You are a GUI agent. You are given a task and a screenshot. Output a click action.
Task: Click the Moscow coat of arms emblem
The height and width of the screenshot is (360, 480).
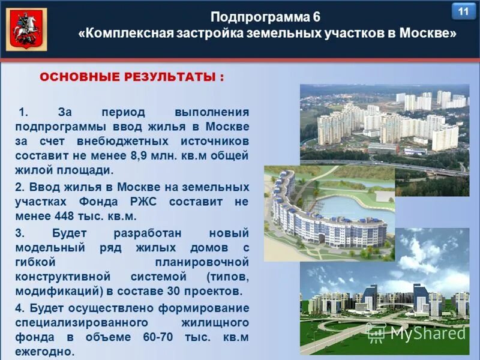coord(26,29)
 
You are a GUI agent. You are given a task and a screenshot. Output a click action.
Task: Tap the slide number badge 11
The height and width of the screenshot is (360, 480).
coord(463,11)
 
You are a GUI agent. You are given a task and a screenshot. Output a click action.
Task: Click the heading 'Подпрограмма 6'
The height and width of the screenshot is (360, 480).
coord(266,16)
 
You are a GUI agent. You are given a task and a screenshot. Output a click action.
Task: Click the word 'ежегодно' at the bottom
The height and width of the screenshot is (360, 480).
coord(44,352)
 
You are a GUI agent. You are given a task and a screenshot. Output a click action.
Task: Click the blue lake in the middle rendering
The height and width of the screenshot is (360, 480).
coord(348,208)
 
